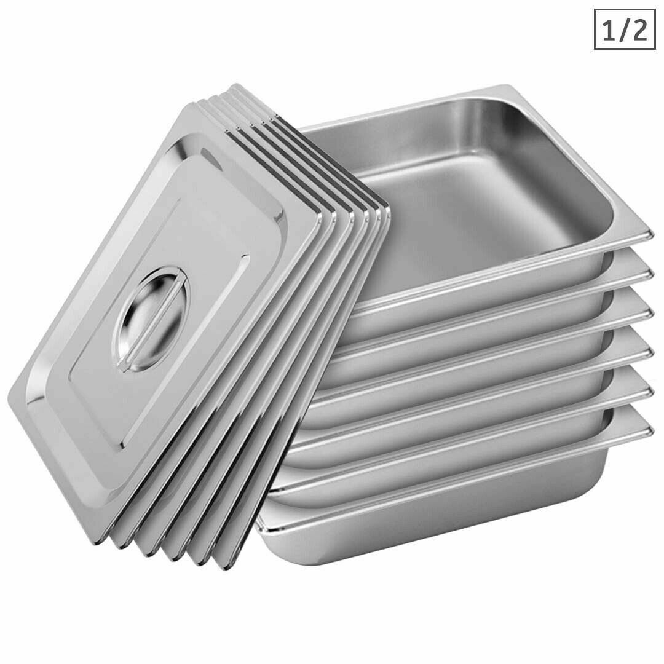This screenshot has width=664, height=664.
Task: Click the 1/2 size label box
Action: point(623,29)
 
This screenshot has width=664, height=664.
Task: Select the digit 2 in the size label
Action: point(639,30)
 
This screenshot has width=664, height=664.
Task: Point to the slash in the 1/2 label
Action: point(623,30)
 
